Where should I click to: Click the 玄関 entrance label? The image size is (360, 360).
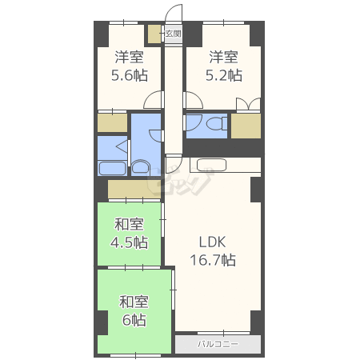click(174, 34)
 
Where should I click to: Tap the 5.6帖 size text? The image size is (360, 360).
click(130, 75)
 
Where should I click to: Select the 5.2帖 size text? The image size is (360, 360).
click(224, 75)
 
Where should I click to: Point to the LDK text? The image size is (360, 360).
click(213, 242)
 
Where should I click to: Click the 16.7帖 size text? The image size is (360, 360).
click(213, 260)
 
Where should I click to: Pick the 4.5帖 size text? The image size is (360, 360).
click(130, 242)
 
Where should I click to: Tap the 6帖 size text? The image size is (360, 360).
click(134, 320)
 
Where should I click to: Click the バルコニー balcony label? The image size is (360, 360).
click(218, 344)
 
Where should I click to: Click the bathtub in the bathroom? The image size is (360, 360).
click(113, 168)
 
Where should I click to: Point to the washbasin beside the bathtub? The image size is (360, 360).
click(140, 167)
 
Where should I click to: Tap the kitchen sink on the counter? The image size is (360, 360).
click(211, 165)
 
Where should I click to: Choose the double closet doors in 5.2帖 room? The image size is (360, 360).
click(248, 104)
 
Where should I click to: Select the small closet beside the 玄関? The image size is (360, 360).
click(154, 34)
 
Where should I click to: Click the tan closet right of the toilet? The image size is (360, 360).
click(246, 126)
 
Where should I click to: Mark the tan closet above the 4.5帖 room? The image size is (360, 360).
click(134, 189)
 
